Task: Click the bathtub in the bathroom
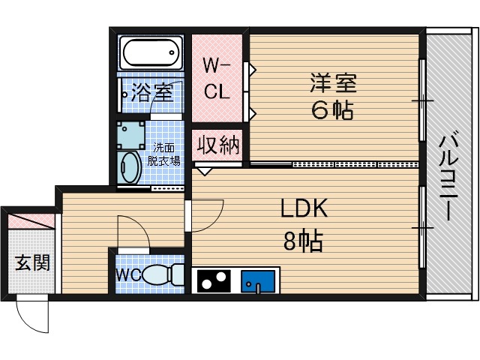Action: (x=151, y=54)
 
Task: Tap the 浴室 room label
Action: (x=152, y=93)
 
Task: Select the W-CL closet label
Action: (x=218, y=79)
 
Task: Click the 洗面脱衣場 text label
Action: (x=163, y=154)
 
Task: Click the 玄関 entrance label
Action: (x=32, y=263)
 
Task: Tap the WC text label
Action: (x=127, y=274)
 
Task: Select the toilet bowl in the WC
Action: (x=162, y=275)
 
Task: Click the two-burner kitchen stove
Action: (x=214, y=281)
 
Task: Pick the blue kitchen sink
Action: (x=258, y=282)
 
